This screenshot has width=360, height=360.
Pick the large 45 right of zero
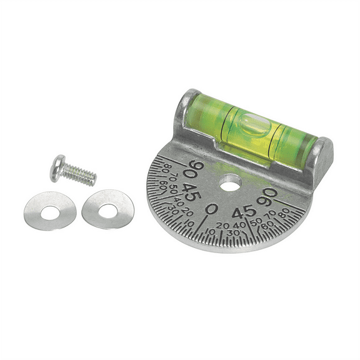[244, 211]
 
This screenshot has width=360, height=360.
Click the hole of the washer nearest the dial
[107, 208]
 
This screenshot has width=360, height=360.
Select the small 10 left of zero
[189, 222]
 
